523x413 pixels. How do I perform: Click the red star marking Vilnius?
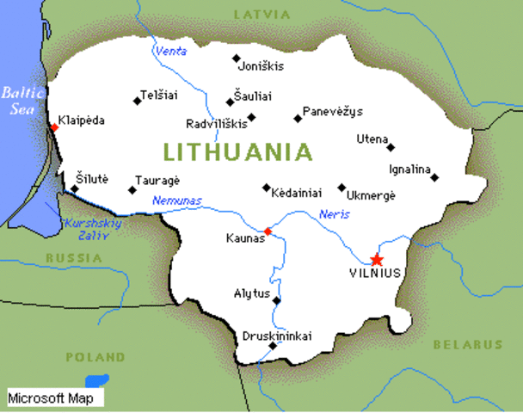pos(376,259)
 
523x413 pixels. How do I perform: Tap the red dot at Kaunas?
pos(268,231)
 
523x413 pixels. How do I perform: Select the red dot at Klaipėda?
pos(54,126)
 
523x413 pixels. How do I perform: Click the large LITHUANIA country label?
pos(237,153)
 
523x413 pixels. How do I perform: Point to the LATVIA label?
pos(259,15)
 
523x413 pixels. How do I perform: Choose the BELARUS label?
pos(468,344)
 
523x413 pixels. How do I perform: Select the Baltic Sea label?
pos(19,101)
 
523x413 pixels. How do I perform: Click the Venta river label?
pos(170,52)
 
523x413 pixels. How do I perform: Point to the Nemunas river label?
pos(177,200)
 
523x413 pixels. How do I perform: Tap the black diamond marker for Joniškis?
pos(237,59)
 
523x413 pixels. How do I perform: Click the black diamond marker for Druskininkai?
pos(273,346)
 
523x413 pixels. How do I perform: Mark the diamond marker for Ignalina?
pos(434,178)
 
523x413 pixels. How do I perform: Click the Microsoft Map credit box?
pos(55,398)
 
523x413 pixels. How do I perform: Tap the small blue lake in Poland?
pos(96,380)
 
